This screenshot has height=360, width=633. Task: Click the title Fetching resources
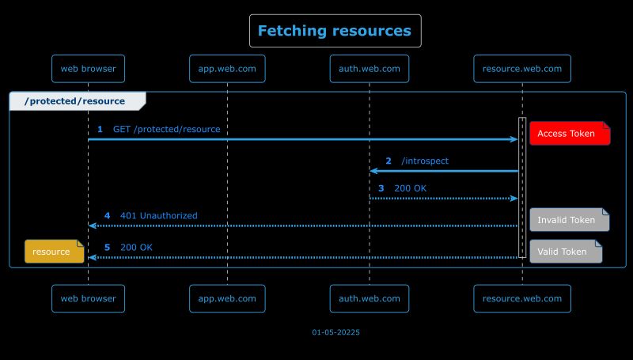335,31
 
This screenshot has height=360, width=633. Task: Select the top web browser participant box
88,69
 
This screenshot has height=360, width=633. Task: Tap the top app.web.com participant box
227,69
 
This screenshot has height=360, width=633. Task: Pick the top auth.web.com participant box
369,69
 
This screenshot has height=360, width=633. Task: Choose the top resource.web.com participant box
522,69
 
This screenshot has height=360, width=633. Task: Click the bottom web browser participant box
88,298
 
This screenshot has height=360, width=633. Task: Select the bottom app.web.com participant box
227,298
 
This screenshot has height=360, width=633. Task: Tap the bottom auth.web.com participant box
369,298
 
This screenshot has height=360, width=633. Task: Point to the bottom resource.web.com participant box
522,298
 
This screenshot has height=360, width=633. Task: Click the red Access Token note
569,134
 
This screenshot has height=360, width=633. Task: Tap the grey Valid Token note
565,252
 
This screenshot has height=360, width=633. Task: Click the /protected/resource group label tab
76,101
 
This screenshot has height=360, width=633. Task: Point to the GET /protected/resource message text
166,129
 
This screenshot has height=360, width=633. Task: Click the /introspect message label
425,161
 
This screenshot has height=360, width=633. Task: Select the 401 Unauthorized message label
158,215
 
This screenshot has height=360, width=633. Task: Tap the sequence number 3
381,188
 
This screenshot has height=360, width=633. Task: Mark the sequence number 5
107,247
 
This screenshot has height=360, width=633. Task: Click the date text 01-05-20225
335,332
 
